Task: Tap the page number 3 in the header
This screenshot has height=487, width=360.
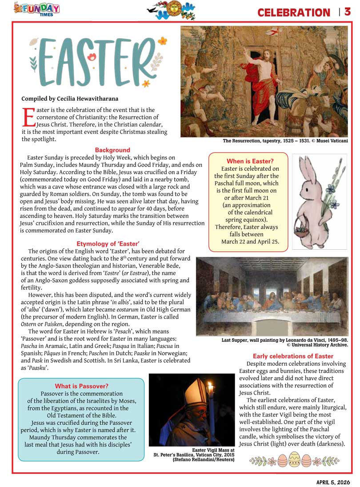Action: [347, 12]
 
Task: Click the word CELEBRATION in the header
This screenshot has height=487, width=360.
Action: [294, 12]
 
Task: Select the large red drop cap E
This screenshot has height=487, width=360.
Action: [28, 117]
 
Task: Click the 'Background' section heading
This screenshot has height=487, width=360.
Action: [112, 150]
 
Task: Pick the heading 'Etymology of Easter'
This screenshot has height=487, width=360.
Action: [108, 244]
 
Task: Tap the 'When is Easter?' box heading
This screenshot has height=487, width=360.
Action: [250, 161]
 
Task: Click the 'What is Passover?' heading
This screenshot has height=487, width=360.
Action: [81, 386]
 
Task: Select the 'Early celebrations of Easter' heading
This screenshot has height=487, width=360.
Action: [293, 356]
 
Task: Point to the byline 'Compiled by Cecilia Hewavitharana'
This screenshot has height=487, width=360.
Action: [70, 99]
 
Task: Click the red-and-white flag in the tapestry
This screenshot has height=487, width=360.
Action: [276, 32]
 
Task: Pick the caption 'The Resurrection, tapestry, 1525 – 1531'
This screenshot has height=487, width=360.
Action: [285, 141]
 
